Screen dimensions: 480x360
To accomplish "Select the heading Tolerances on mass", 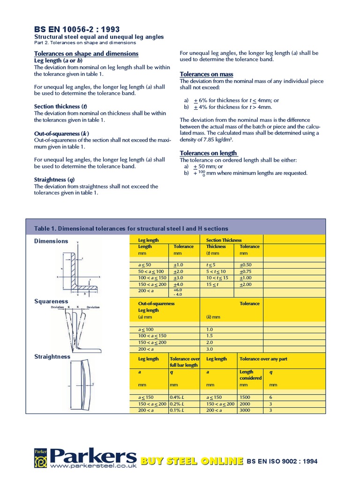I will (x=206, y=75).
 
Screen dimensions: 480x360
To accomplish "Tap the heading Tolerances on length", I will (x=209, y=153).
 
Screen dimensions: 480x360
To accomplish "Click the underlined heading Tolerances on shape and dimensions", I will (x=86, y=53).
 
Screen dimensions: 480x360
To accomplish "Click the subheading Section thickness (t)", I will (x=60, y=106).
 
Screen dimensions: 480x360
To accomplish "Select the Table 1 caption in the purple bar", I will (x=131, y=228).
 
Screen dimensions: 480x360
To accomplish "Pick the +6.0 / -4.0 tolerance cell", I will (x=178, y=292).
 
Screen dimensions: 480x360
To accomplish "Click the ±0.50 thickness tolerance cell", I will (x=246, y=265).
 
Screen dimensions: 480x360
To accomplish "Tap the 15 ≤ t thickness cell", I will (x=213, y=285).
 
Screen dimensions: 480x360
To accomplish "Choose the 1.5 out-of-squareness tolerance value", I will (x=210, y=336).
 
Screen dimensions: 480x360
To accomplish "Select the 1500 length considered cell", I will (x=245, y=397).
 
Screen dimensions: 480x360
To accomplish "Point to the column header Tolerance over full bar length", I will (x=184, y=362).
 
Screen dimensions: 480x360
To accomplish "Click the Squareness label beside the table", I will (x=51, y=301).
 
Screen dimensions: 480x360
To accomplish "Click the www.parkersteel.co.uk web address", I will (x=93, y=466).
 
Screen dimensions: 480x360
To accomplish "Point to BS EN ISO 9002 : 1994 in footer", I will (x=282, y=461).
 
